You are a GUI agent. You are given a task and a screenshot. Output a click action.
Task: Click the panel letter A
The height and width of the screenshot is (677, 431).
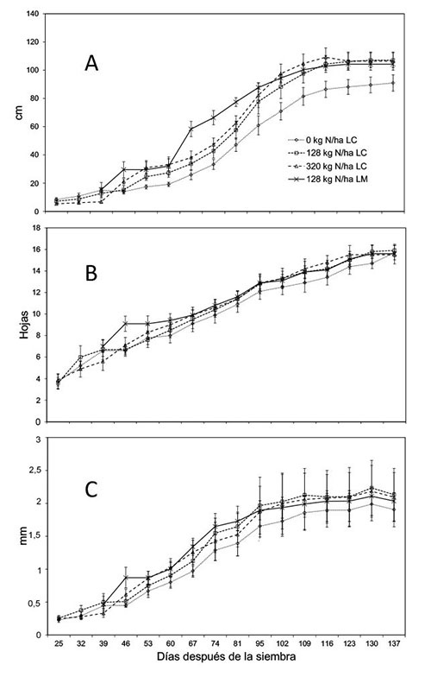(91, 63)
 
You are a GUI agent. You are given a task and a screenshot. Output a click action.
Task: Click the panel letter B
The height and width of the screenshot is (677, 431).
(91, 273)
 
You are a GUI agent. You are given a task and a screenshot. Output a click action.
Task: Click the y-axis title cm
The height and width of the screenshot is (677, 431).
(19, 112)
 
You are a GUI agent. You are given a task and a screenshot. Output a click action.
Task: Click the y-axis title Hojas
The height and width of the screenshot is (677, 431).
(24, 325)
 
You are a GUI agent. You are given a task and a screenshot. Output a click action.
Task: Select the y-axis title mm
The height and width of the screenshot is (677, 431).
(23, 535)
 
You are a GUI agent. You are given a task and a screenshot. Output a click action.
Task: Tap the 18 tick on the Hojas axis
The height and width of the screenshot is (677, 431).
(36, 228)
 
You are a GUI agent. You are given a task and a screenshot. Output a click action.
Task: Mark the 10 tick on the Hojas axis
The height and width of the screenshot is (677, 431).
(36, 314)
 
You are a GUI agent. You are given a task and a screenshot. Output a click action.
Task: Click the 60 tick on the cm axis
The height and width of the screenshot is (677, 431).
(36, 126)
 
